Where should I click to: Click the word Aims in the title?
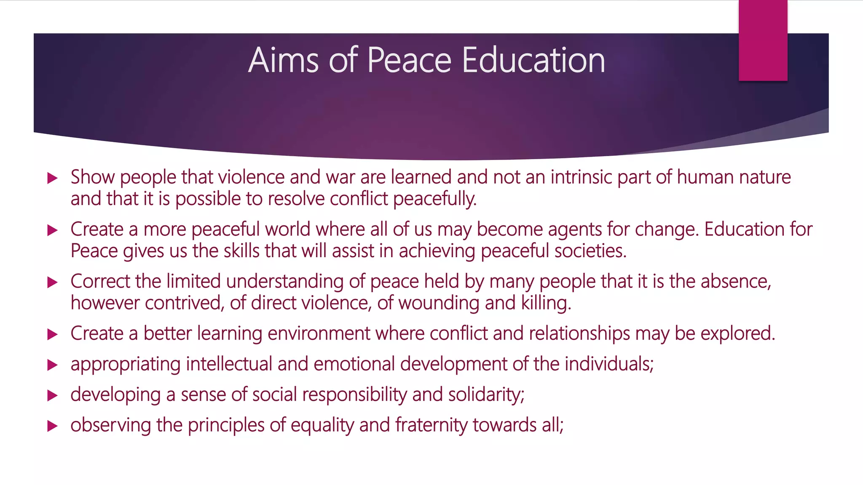click(x=283, y=60)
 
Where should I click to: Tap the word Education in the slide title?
click(x=533, y=60)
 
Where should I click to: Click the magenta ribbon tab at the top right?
click(x=763, y=40)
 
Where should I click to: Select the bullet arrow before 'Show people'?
click(x=52, y=178)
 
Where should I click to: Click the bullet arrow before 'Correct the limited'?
click(x=52, y=282)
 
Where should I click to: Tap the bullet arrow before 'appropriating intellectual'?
click(x=52, y=365)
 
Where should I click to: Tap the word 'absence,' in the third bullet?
click(x=736, y=281)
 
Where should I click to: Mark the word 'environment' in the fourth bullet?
click(x=319, y=333)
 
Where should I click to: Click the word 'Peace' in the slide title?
click(x=409, y=60)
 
